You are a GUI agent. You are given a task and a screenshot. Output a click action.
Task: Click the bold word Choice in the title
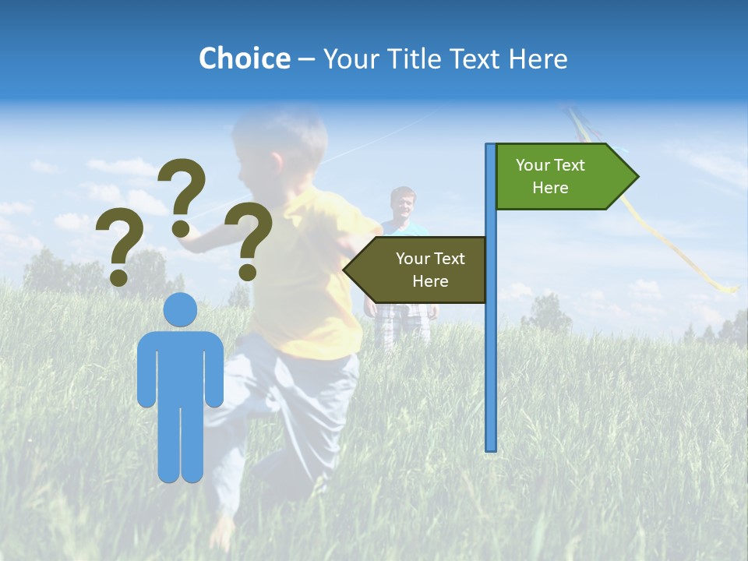point(244,58)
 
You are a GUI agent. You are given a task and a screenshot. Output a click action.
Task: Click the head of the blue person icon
point(180,310)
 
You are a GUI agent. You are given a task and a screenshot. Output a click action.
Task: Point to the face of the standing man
point(403,205)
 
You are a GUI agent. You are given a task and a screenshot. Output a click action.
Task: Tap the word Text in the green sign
point(568,165)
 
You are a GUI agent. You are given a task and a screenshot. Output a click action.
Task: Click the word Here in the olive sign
point(430,281)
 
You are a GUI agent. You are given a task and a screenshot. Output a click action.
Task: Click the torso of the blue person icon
point(180,366)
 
